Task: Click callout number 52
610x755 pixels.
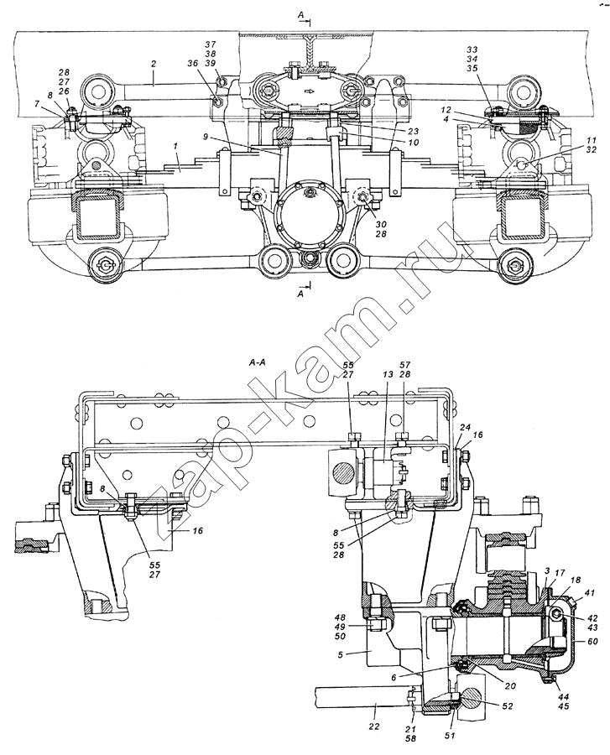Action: [506, 706]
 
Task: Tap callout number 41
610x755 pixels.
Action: [589, 593]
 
